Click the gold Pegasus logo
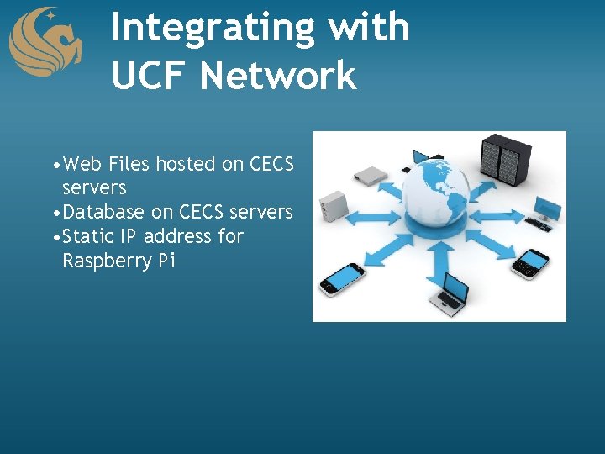coord(45,42)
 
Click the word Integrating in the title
coord(213,27)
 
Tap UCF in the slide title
coord(151,75)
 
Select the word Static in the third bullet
coord(89,236)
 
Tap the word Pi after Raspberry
coord(166,261)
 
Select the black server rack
coord(501,161)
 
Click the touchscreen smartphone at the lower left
coord(345,277)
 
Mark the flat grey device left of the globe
coord(370,174)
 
